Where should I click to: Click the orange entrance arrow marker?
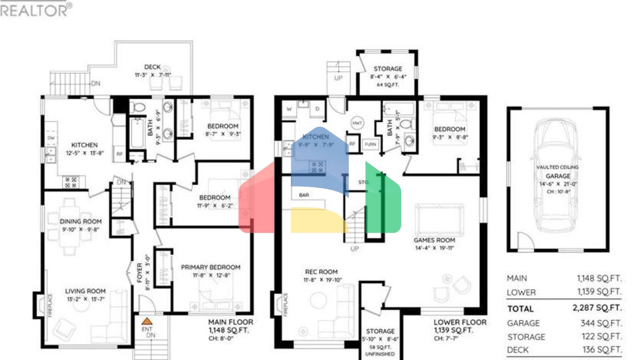coord(147,321)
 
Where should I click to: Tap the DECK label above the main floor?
coord(152,67)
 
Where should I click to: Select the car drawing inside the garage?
coord(557,175)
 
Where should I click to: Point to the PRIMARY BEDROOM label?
coord(210,267)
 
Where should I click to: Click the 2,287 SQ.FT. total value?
coord(597,308)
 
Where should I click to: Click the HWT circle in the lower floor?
coord(357,123)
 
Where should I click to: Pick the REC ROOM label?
coord(321,272)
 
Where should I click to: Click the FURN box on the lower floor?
coord(370,144)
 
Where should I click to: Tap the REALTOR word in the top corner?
coord(33,10)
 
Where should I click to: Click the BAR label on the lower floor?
coord(304,195)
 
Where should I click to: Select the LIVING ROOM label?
coord(85,291)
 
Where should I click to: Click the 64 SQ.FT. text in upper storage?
coord(387,85)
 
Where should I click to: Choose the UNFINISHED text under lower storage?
coord(380,354)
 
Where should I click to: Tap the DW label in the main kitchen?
coord(51,138)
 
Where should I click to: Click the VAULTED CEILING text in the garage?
coord(557,167)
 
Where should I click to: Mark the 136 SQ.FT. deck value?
coord(601,350)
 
